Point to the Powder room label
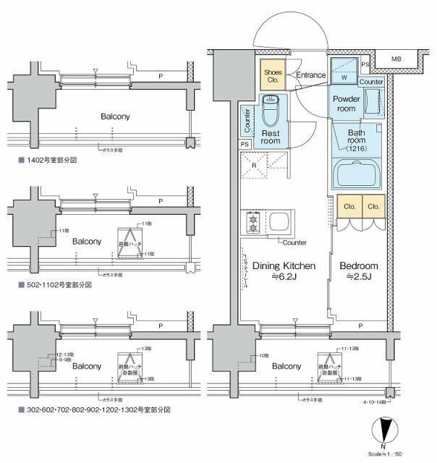[x=346, y=103]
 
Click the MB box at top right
[x=396, y=59]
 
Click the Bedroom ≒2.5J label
[x=359, y=271]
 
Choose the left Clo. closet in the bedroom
[x=348, y=206]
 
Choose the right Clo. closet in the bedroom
[x=373, y=206]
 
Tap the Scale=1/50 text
[x=404, y=454]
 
